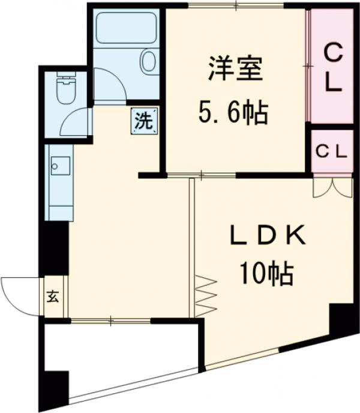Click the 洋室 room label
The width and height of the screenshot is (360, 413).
[x=236, y=67]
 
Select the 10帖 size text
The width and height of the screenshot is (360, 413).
[x=266, y=274]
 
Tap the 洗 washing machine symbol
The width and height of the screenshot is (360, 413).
[x=143, y=121]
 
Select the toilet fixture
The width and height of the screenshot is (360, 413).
[x=64, y=88]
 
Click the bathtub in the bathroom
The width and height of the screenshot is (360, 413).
[x=126, y=28]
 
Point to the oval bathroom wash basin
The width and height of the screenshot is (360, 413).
[x=148, y=61]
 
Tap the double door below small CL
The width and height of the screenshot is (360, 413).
[x=332, y=186]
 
